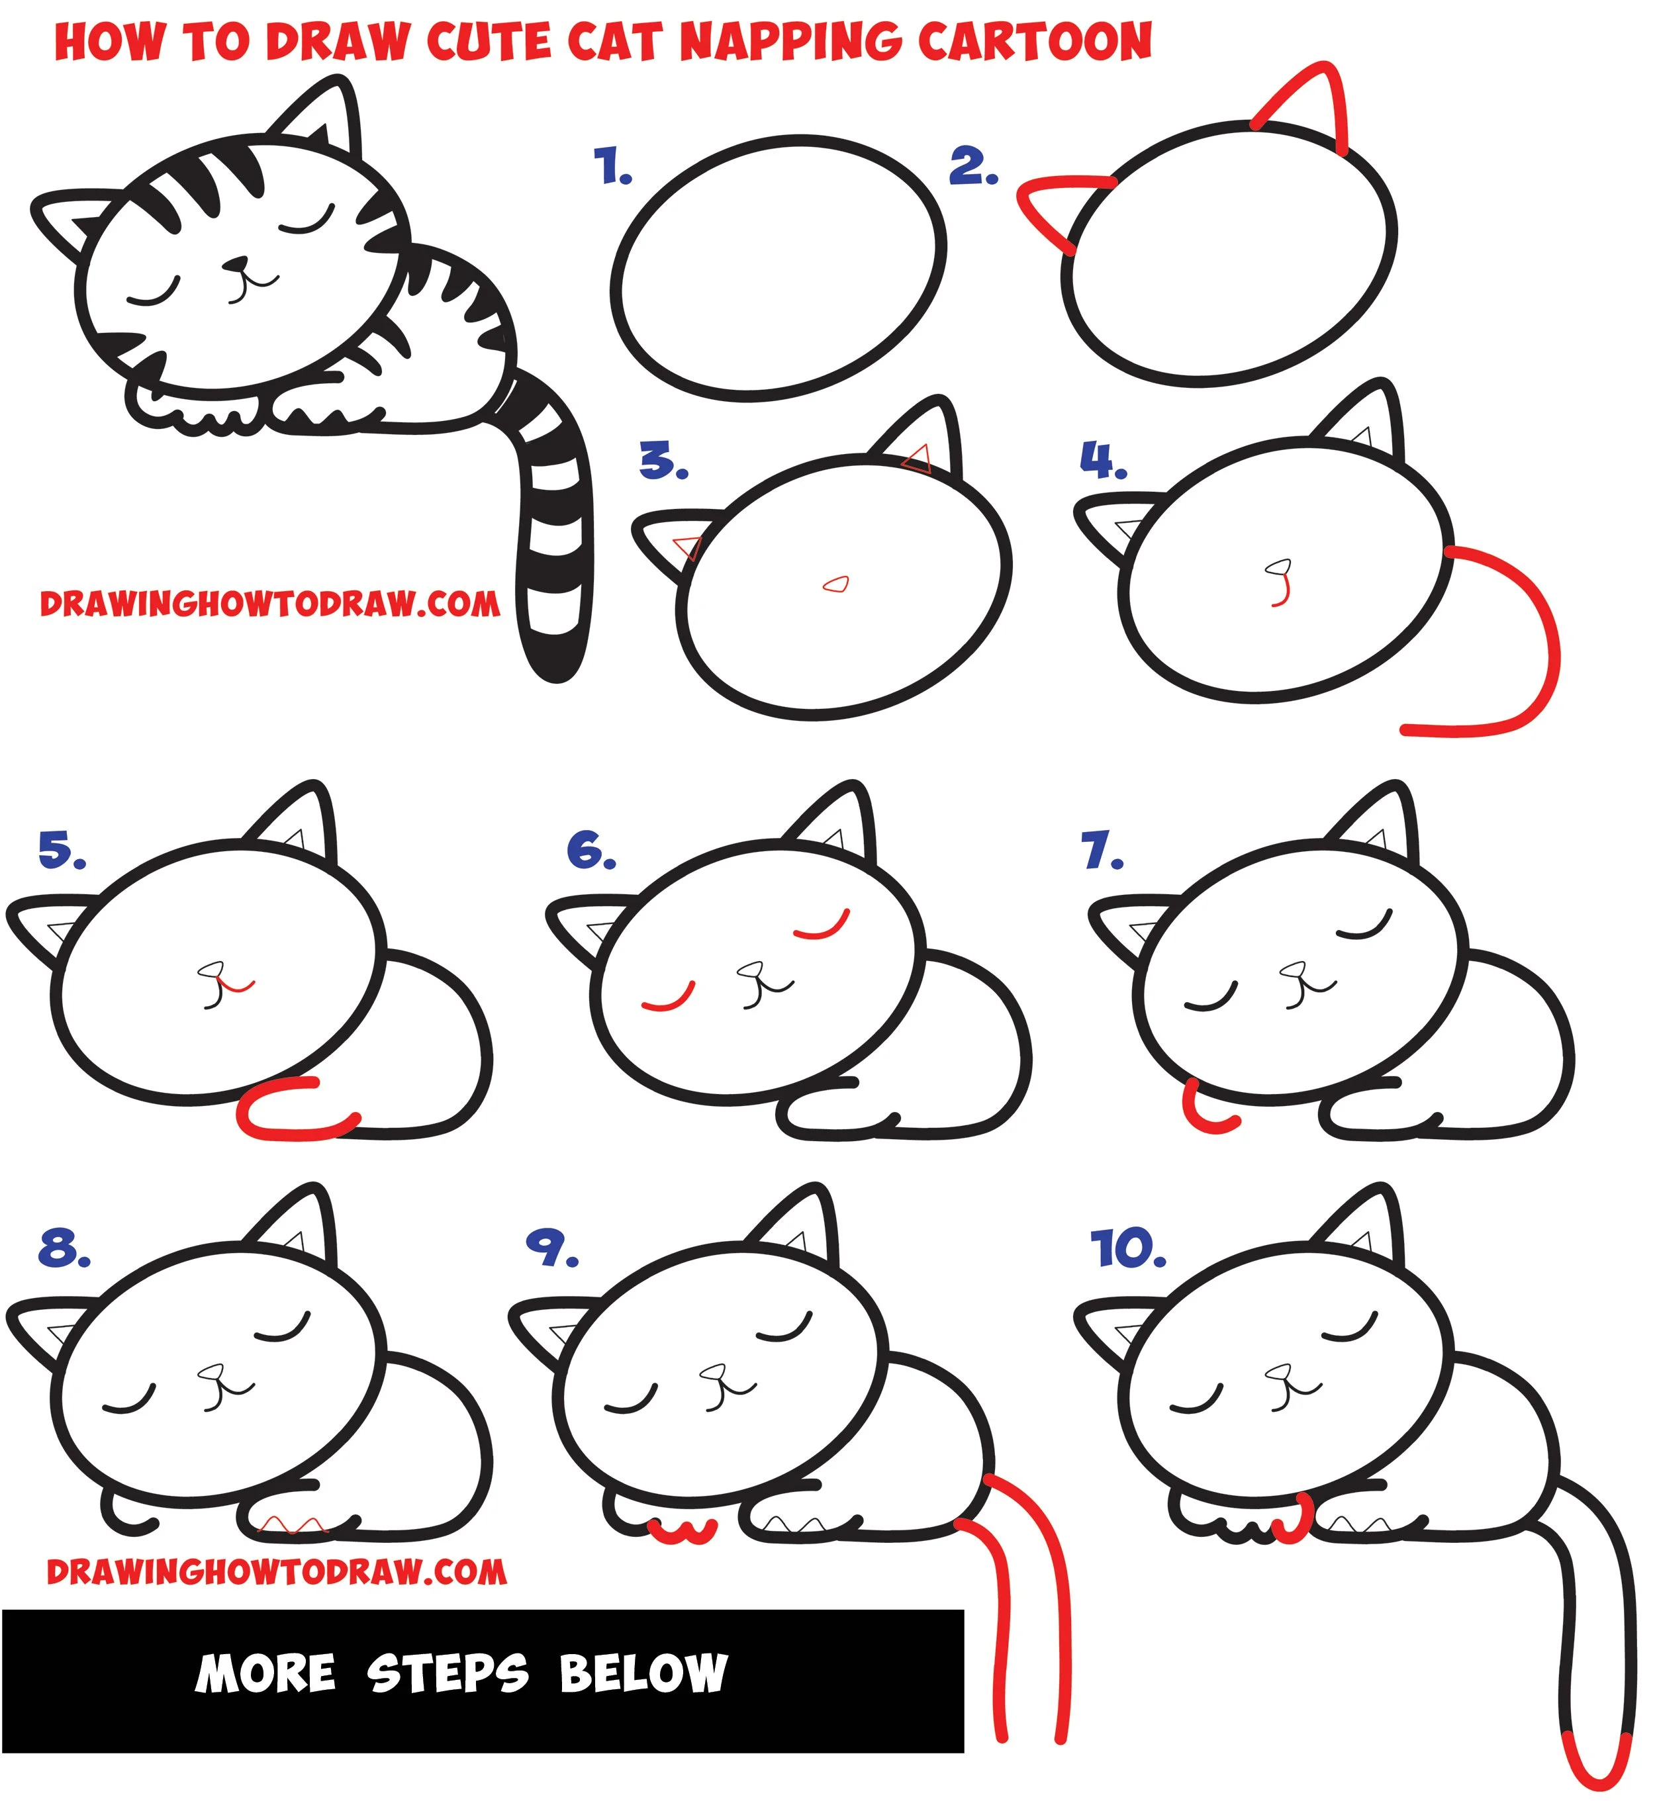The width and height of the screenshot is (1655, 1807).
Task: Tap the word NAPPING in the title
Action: point(790,42)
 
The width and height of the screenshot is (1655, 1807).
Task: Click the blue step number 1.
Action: point(612,167)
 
